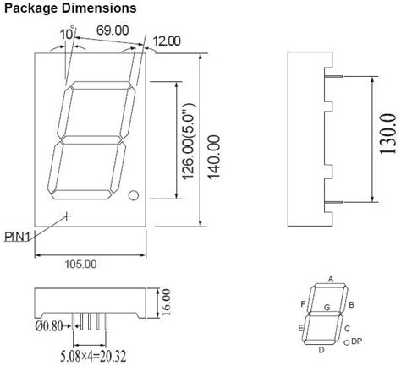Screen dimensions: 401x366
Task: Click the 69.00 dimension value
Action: point(113,30)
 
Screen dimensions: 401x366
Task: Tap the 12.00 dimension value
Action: point(167,41)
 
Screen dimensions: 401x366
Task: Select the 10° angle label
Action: point(67,34)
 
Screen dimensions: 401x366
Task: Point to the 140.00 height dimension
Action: point(214,157)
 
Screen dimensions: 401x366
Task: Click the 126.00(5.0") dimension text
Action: point(188,141)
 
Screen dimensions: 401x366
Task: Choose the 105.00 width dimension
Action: point(81,265)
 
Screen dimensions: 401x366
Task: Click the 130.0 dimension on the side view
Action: point(389,134)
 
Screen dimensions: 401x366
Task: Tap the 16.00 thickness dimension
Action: point(166,302)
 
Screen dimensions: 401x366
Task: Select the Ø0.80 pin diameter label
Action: point(49,326)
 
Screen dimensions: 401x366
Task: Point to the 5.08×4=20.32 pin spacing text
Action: point(93,356)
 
